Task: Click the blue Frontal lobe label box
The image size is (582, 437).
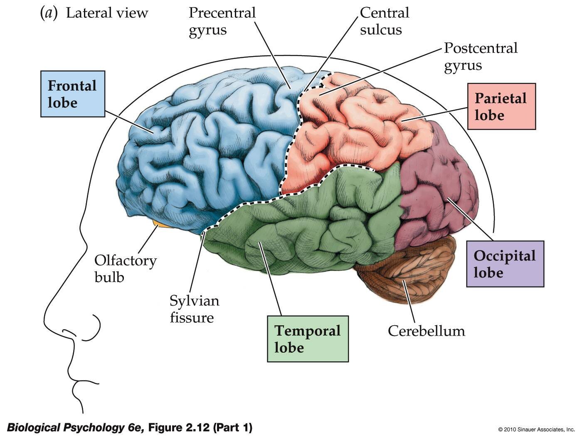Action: (72, 94)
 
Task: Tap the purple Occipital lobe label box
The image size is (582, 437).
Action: (505, 264)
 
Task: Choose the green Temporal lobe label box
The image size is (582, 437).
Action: (308, 339)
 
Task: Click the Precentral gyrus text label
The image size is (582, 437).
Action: (222, 22)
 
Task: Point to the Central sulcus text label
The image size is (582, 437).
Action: (384, 21)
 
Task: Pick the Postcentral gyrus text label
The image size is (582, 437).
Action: (480, 56)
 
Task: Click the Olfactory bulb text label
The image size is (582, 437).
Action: (125, 268)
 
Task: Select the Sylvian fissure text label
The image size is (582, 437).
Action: (194, 309)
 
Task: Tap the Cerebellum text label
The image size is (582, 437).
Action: (426, 331)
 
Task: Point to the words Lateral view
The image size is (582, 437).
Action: (107, 13)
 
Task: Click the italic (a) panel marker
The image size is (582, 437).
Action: (48, 13)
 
